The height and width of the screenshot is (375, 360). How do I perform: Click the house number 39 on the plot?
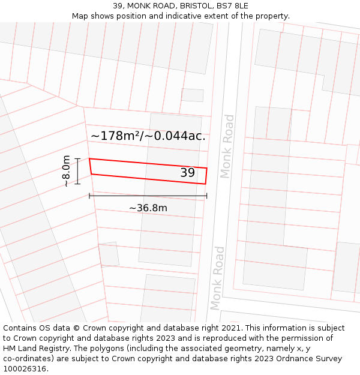click(188, 173)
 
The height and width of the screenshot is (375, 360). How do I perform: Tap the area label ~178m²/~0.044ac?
click(148, 136)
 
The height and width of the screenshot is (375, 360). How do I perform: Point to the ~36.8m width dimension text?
click(148, 208)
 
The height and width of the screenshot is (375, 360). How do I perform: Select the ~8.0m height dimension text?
click(66, 171)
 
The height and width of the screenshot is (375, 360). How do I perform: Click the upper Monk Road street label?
click(227, 146)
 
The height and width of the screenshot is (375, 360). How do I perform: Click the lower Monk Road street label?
click(217, 277)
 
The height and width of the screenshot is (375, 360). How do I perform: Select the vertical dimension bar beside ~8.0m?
click(77, 171)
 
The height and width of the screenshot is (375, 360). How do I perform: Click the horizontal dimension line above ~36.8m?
click(148, 196)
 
